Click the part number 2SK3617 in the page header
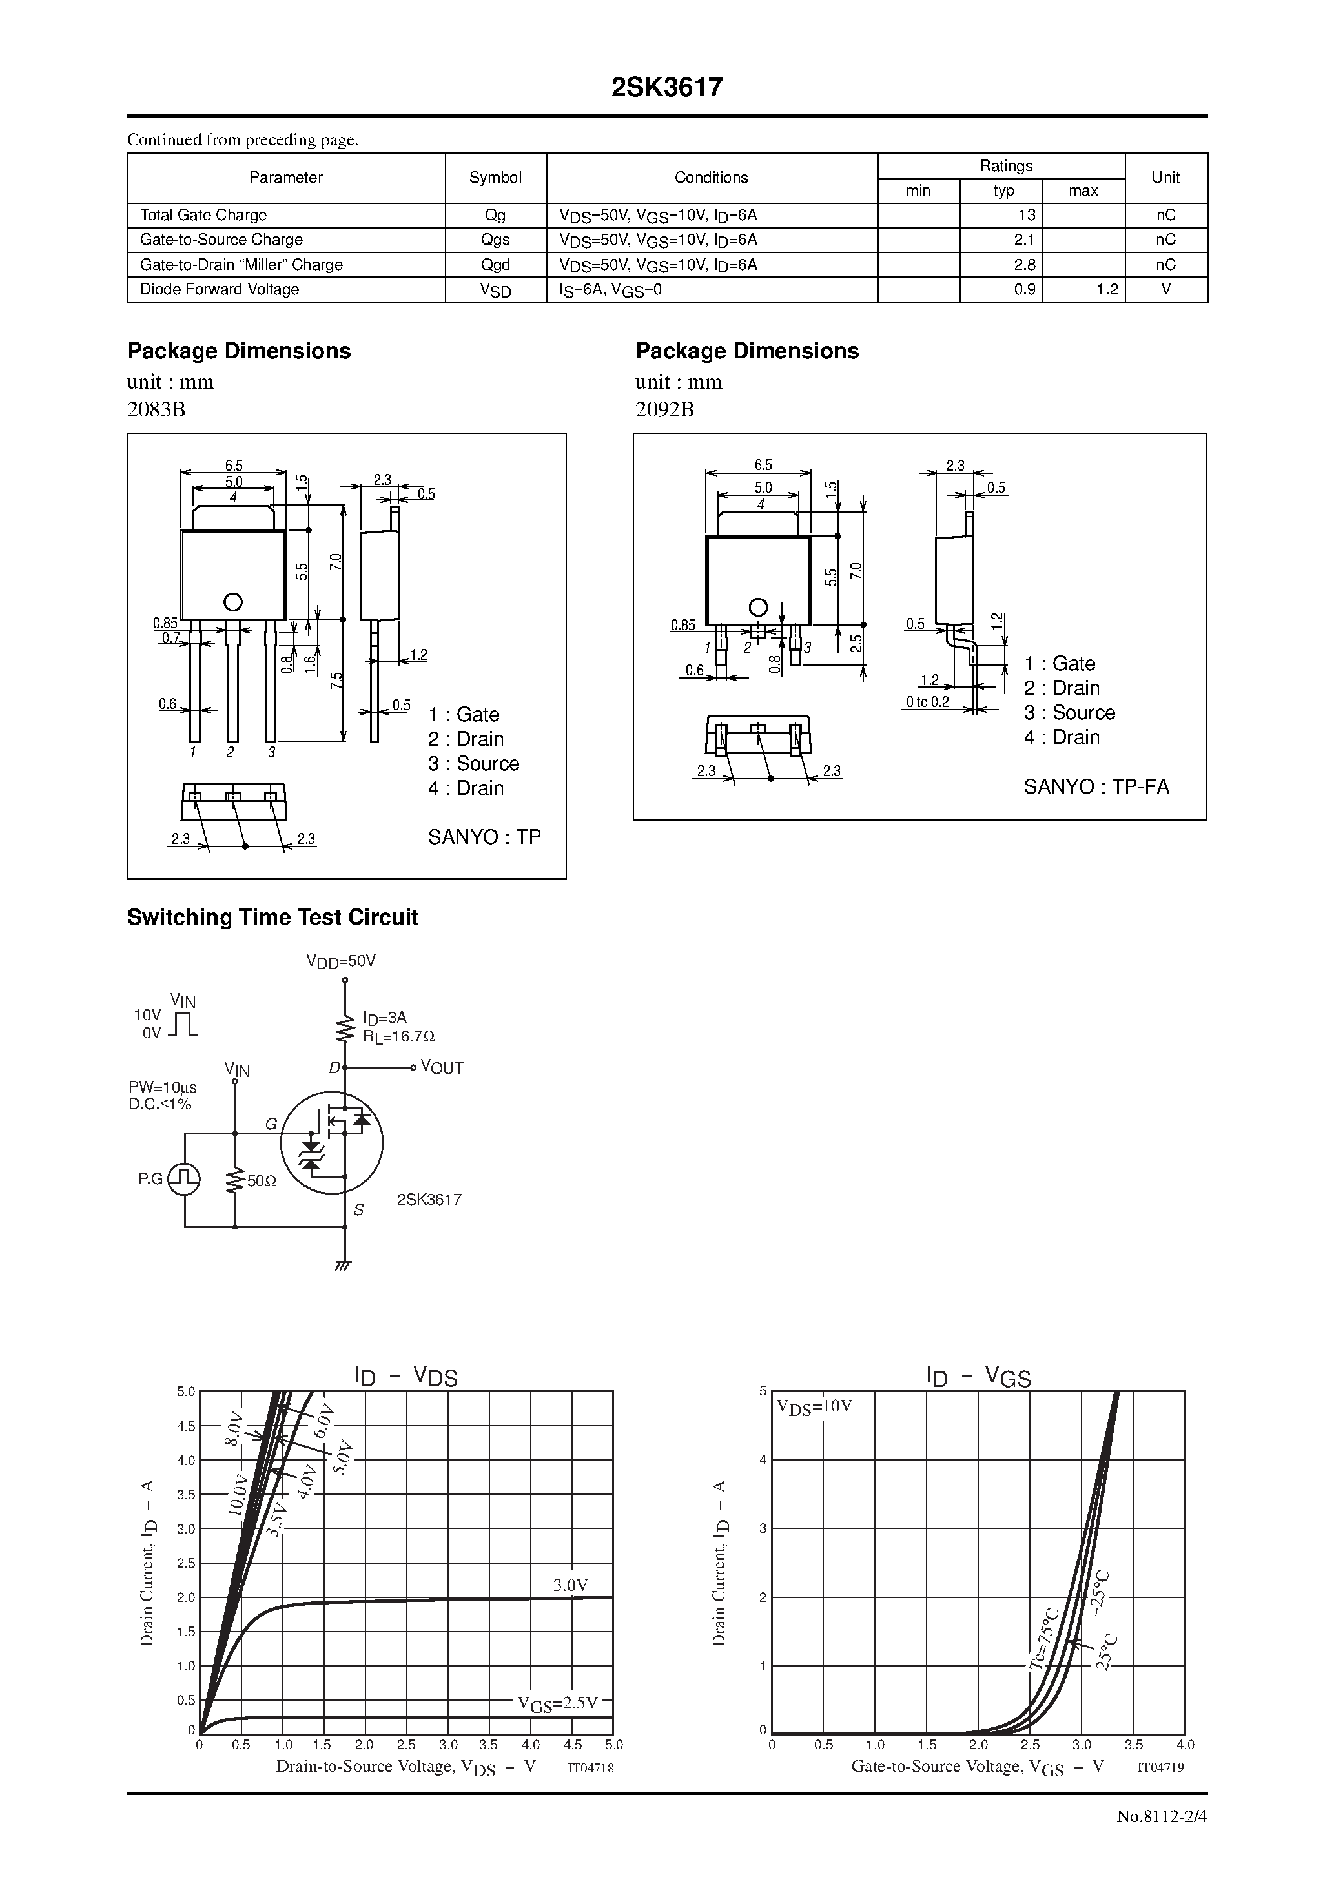click(x=666, y=88)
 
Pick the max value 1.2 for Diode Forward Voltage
click(x=1107, y=289)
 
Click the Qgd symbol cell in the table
click(x=495, y=265)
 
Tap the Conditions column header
click(x=711, y=178)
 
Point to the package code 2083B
click(x=156, y=409)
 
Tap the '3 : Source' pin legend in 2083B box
click(x=474, y=764)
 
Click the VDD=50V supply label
click(x=340, y=960)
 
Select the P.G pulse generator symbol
click(x=183, y=1179)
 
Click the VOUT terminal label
click(x=442, y=1068)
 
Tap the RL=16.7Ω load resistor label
click(x=399, y=1036)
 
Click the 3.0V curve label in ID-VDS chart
click(x=570, y=1585)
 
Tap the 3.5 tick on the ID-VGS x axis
click(x=1133, y=1745)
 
